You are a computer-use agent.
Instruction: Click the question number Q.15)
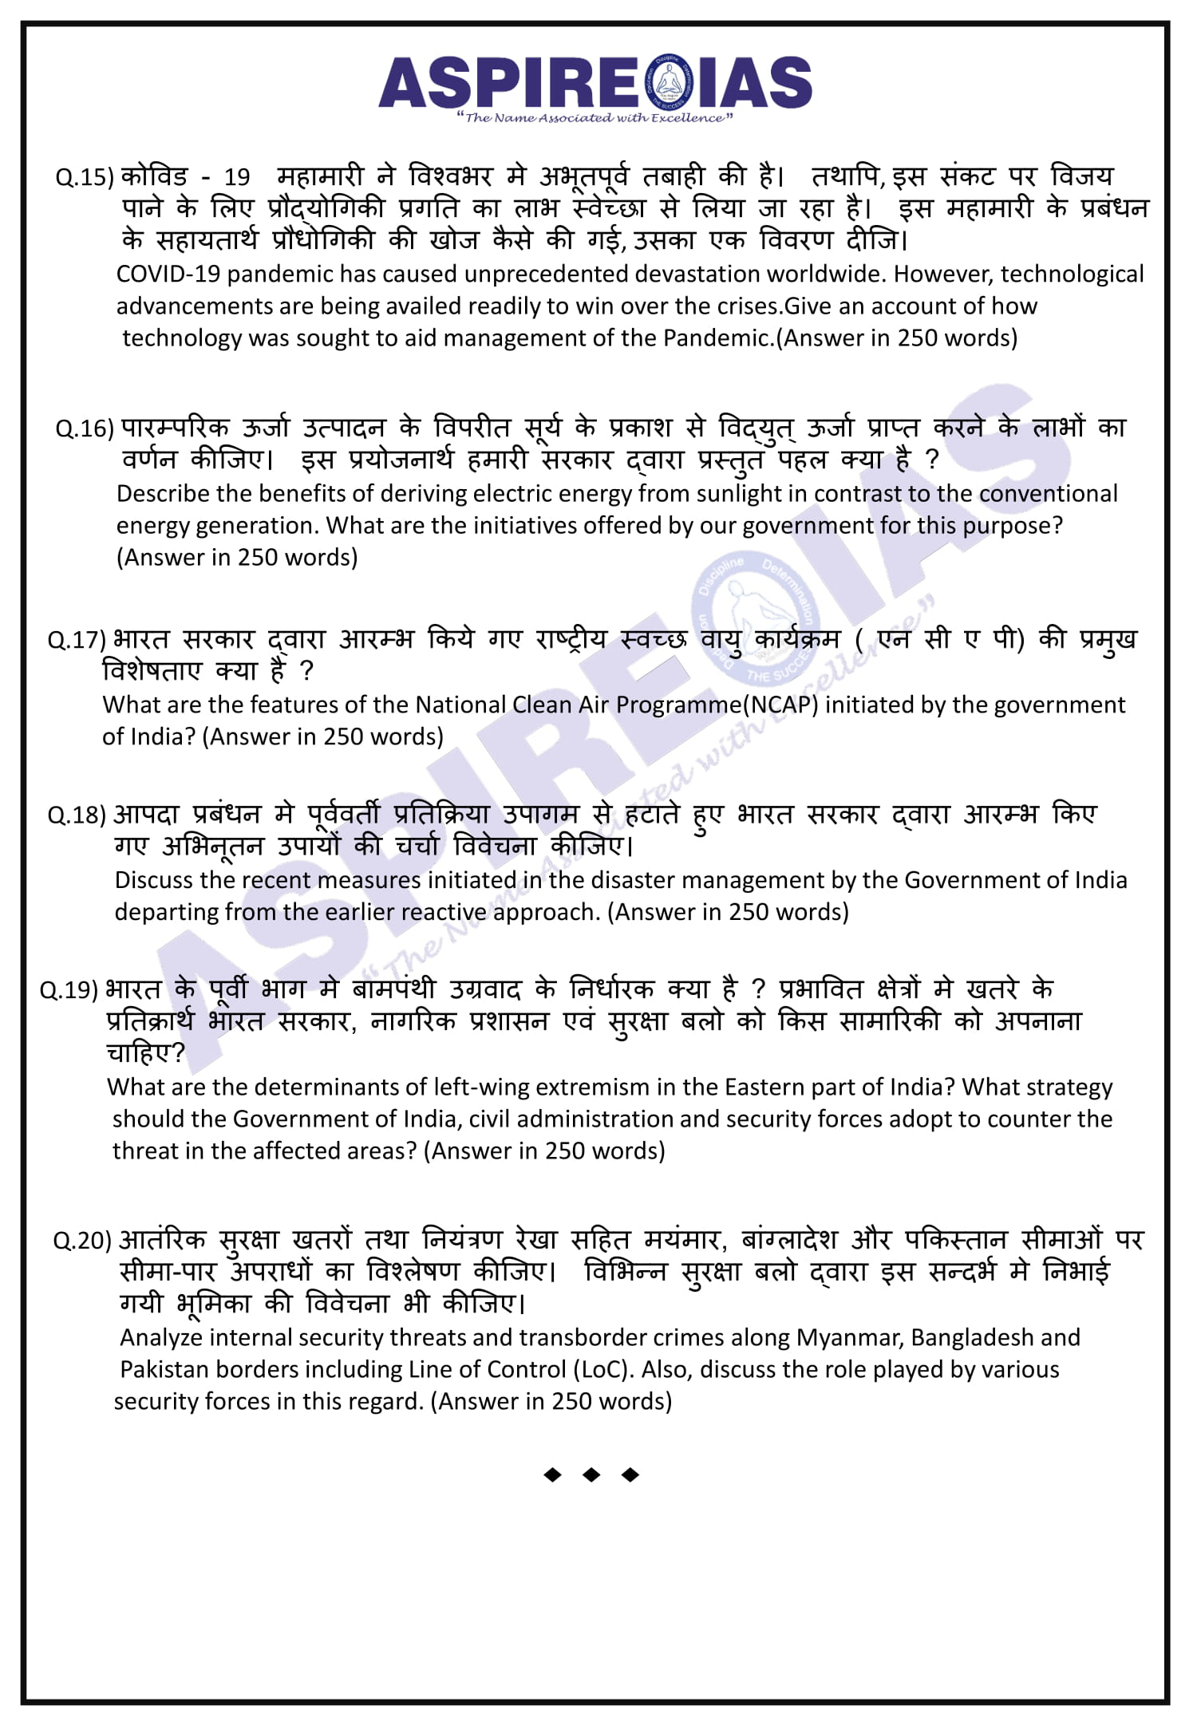(85, 177)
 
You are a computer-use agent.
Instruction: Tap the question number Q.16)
(85, 429)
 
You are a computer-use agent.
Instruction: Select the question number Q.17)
(77, 640)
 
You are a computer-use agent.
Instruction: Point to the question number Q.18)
(77, 815)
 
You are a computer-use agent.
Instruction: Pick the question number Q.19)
(69, 990)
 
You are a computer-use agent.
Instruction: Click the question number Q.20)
(82, 1241)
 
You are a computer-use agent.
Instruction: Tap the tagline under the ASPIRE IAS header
(595, 118)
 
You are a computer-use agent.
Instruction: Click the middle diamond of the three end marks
(591, 1475)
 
